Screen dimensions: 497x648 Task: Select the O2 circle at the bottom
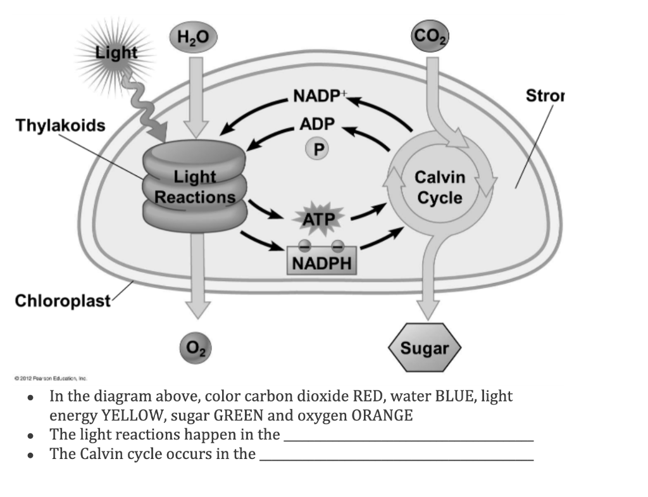[196, 348]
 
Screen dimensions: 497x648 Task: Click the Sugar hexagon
[425, 348]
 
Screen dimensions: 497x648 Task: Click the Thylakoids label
[60, 125]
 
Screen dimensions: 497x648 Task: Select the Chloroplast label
[63, 299]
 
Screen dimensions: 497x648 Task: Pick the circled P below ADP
[319, 149]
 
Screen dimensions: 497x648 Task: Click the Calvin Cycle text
[439, 187]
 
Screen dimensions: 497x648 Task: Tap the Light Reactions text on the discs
[195, 187]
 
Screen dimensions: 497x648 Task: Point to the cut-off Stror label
[545, 96]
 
